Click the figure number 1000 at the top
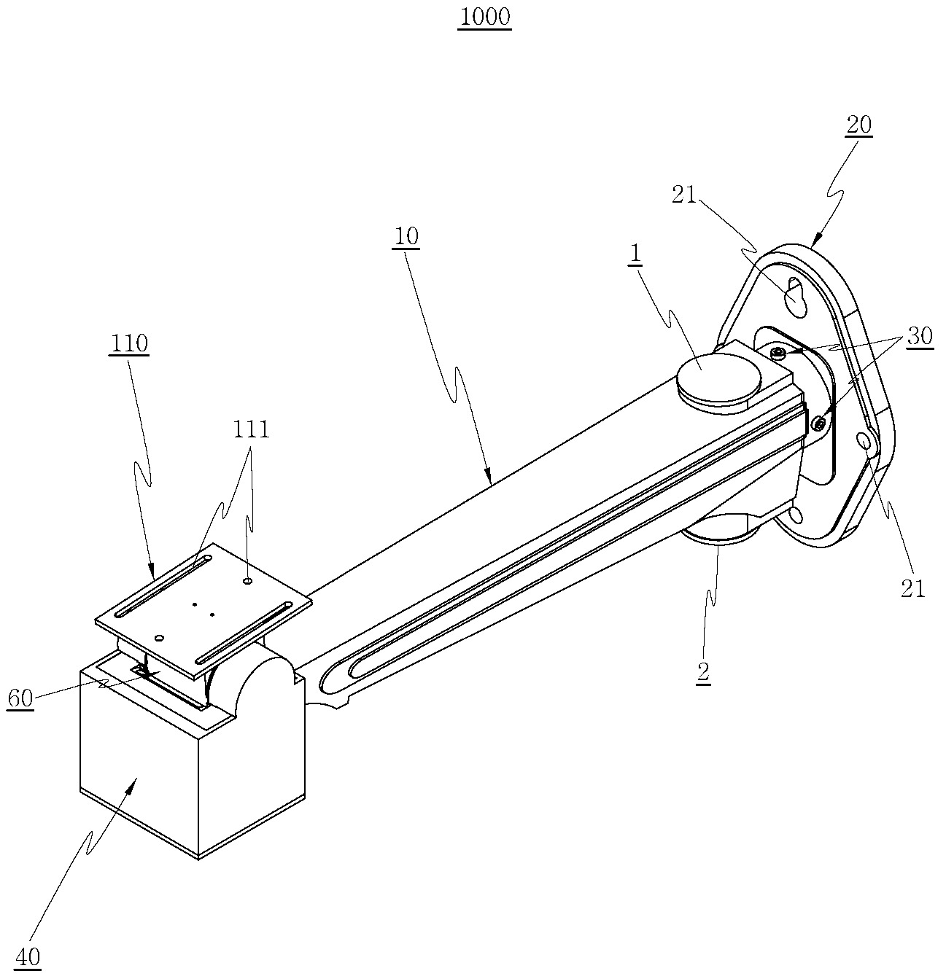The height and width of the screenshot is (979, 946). (485, 17)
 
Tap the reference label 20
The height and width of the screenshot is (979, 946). (858, 125)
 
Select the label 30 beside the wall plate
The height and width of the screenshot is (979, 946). (919, 335)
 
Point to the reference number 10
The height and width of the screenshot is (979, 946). (406, 235)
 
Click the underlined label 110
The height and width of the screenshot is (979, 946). (129, 343)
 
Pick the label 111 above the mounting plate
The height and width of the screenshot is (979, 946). (251, 429)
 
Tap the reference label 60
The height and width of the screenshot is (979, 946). (20, 698)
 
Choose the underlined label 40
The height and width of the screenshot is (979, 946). (28, 956)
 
